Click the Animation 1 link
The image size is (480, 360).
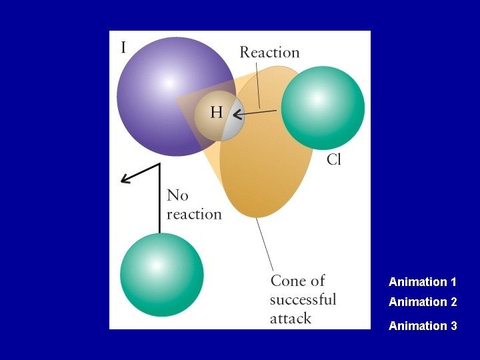coord(423,282)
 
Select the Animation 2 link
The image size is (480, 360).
coord(423,302)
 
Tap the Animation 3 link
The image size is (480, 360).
coord(423,326)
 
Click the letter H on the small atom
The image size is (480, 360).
coord(217,112)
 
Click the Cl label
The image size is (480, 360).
coord(334,160)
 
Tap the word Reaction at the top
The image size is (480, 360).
coord(269,52)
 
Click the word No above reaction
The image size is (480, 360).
coord(177,195)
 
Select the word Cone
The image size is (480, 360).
coord(288,281)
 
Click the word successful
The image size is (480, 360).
coord(303,299)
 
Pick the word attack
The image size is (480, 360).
coord(290,318)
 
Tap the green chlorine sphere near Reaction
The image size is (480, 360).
coord(323,107)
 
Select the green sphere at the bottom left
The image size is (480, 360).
coord(161,274)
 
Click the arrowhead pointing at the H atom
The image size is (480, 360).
coord(236,115)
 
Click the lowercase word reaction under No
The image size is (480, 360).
coord(194,214)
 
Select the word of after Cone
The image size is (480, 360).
coord(317,281)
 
